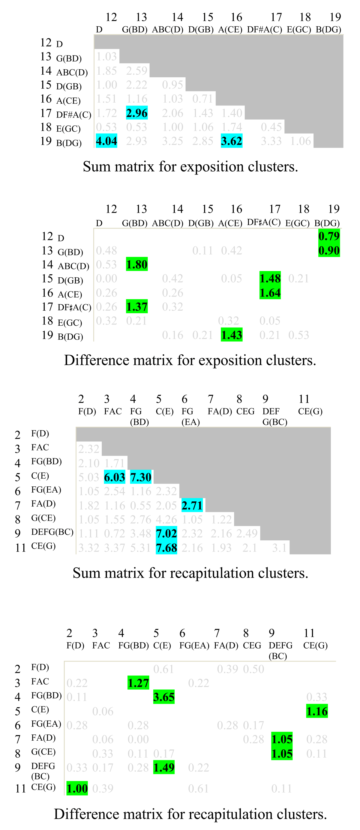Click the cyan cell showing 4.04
(x=106, y=141)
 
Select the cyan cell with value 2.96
(x=137, y=113)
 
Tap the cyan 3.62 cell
(x=231, y=141)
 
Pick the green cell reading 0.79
(x=329, y=236)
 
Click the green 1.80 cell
(x=137, y=264)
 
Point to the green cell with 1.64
(x=270, y=293)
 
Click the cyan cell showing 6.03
(x=114, y=477)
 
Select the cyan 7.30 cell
(x=140, y=477)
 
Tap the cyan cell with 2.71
(x=192, y=505)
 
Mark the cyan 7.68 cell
(x=166, y=548)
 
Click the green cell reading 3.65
(x=164, y=697)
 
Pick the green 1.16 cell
(x=317, y=711)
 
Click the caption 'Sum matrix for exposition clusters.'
(x=190, y=167)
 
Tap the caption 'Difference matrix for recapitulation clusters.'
(x=190, y=814)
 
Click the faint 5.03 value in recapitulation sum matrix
(x=88, y=477)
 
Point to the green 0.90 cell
(x=329, y=250)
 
